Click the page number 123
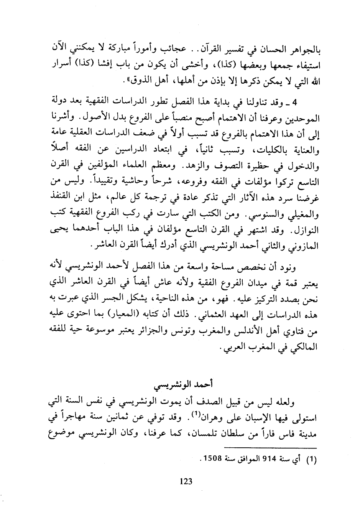point(186,481)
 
